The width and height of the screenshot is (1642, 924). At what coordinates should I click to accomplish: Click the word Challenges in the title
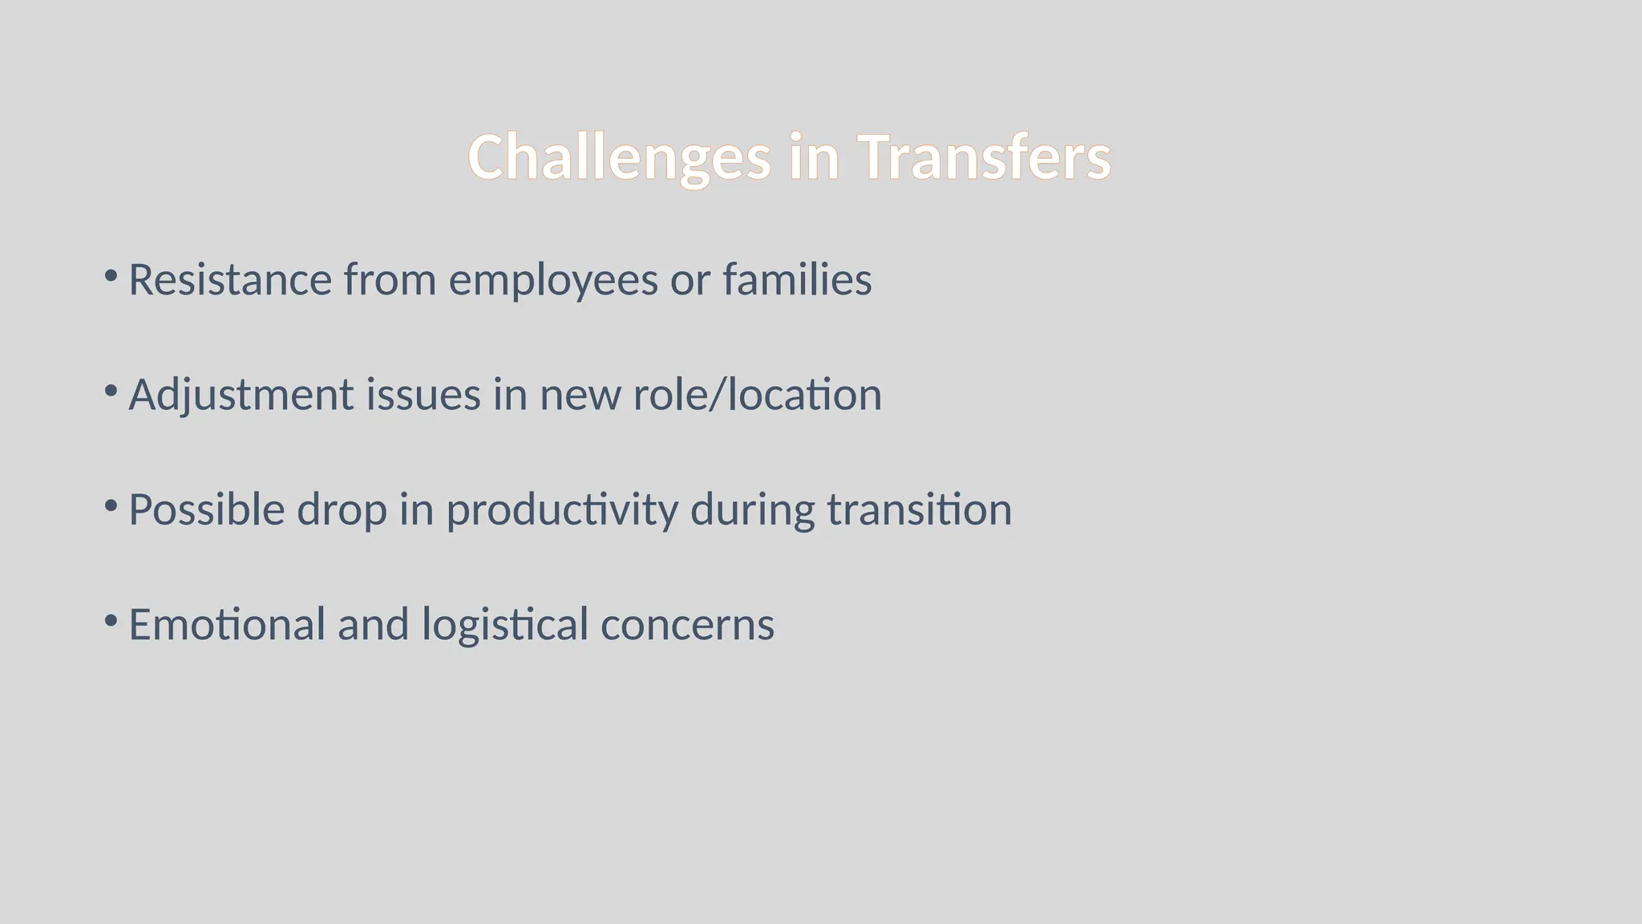(619, 157)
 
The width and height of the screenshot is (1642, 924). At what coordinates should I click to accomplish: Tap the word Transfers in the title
(984, 157)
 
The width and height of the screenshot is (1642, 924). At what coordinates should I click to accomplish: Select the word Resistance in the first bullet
(230, 280)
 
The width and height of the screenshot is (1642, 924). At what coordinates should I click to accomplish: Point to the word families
(797, 280)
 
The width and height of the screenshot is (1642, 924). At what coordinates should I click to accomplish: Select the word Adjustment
(241, 395)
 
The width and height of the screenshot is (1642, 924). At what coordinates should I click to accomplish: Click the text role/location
(757, 395)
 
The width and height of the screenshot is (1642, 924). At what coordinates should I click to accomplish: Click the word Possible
(206, 510)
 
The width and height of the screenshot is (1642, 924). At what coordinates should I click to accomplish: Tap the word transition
(920, 510)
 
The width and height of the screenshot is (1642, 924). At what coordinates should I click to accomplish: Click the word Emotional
(227, 625)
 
